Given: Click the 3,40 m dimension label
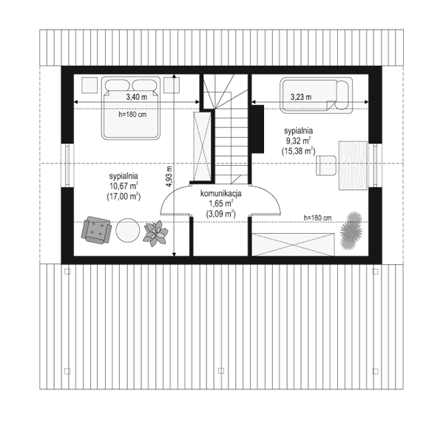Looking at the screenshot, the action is (x=137, y=97).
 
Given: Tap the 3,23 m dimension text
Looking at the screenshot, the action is (x=301, y=97).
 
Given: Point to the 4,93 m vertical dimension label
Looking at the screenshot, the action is (x=169, y=176).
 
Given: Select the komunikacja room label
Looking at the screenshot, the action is (x=221, y=194).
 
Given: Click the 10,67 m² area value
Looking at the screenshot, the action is (x=124, y=186).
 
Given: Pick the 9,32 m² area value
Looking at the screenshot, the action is (x=299, y=141).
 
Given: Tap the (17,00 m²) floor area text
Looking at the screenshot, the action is (x=124, y=196).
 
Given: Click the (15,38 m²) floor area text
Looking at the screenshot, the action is (x=298, y=151).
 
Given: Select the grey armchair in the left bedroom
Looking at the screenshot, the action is (x=96, y=230).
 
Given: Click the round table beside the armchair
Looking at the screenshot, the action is (x=128, y=230).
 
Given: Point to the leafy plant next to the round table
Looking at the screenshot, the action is (x=155, y=234).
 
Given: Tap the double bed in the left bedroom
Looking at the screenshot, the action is (x=131, y=108).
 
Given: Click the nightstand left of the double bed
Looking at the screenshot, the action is (x=89, y=85).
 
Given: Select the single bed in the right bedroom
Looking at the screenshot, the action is (x=317, y=95).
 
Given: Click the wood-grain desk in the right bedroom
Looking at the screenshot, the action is (x=353, y=165).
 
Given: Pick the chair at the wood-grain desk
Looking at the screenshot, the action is (x=326, y=165).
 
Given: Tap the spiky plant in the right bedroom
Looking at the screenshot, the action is (x=351, y=231).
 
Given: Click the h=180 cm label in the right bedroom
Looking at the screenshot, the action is (x=317, y=218).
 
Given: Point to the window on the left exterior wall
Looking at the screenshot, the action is (x=67, y=166).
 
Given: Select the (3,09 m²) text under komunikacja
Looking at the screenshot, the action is (x=221, y=214).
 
